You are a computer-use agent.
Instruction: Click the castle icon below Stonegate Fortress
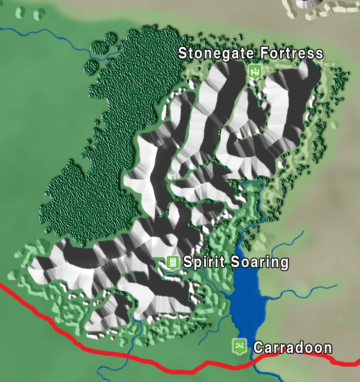point(255,71)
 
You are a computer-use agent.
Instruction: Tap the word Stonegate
point(217,54)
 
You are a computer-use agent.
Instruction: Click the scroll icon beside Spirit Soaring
point(172,262)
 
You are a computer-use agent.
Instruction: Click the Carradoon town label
point(292,348)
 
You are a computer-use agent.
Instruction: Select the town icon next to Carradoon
point(239,346)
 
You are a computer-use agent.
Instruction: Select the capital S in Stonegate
point(183,54)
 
